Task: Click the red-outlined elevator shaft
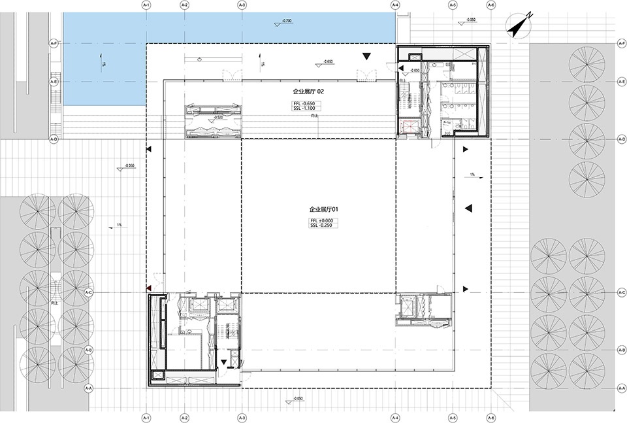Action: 409,127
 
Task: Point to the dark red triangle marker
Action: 149,288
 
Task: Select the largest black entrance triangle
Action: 468,208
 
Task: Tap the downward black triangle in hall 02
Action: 367,58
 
